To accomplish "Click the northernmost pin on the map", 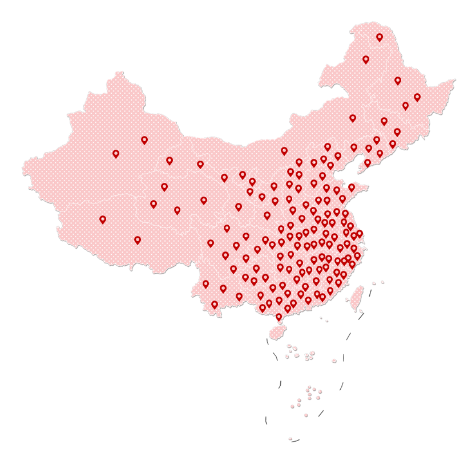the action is tap(380, 37).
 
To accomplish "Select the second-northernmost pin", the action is tap(366, 59).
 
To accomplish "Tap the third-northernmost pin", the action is tap(398, 81).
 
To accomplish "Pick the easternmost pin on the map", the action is tap(417, 97).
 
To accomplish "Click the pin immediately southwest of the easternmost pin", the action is tap(406, 106).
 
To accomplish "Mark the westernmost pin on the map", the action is tap(103, 219).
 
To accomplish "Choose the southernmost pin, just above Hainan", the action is tap(279, 317).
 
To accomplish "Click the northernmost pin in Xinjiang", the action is tap(144, 139).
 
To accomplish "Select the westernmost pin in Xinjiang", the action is tap(116, 153).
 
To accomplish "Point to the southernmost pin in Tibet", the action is tap(138, 240).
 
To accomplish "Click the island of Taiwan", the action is tap(356, 297).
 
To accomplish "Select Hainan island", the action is tap(277, 332).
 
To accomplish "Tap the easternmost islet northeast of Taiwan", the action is tap(381, 282).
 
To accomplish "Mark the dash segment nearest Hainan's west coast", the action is tap(267, 341).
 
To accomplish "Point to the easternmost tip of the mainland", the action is tap(455, 79).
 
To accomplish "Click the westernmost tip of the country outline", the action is tap(23, 167).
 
